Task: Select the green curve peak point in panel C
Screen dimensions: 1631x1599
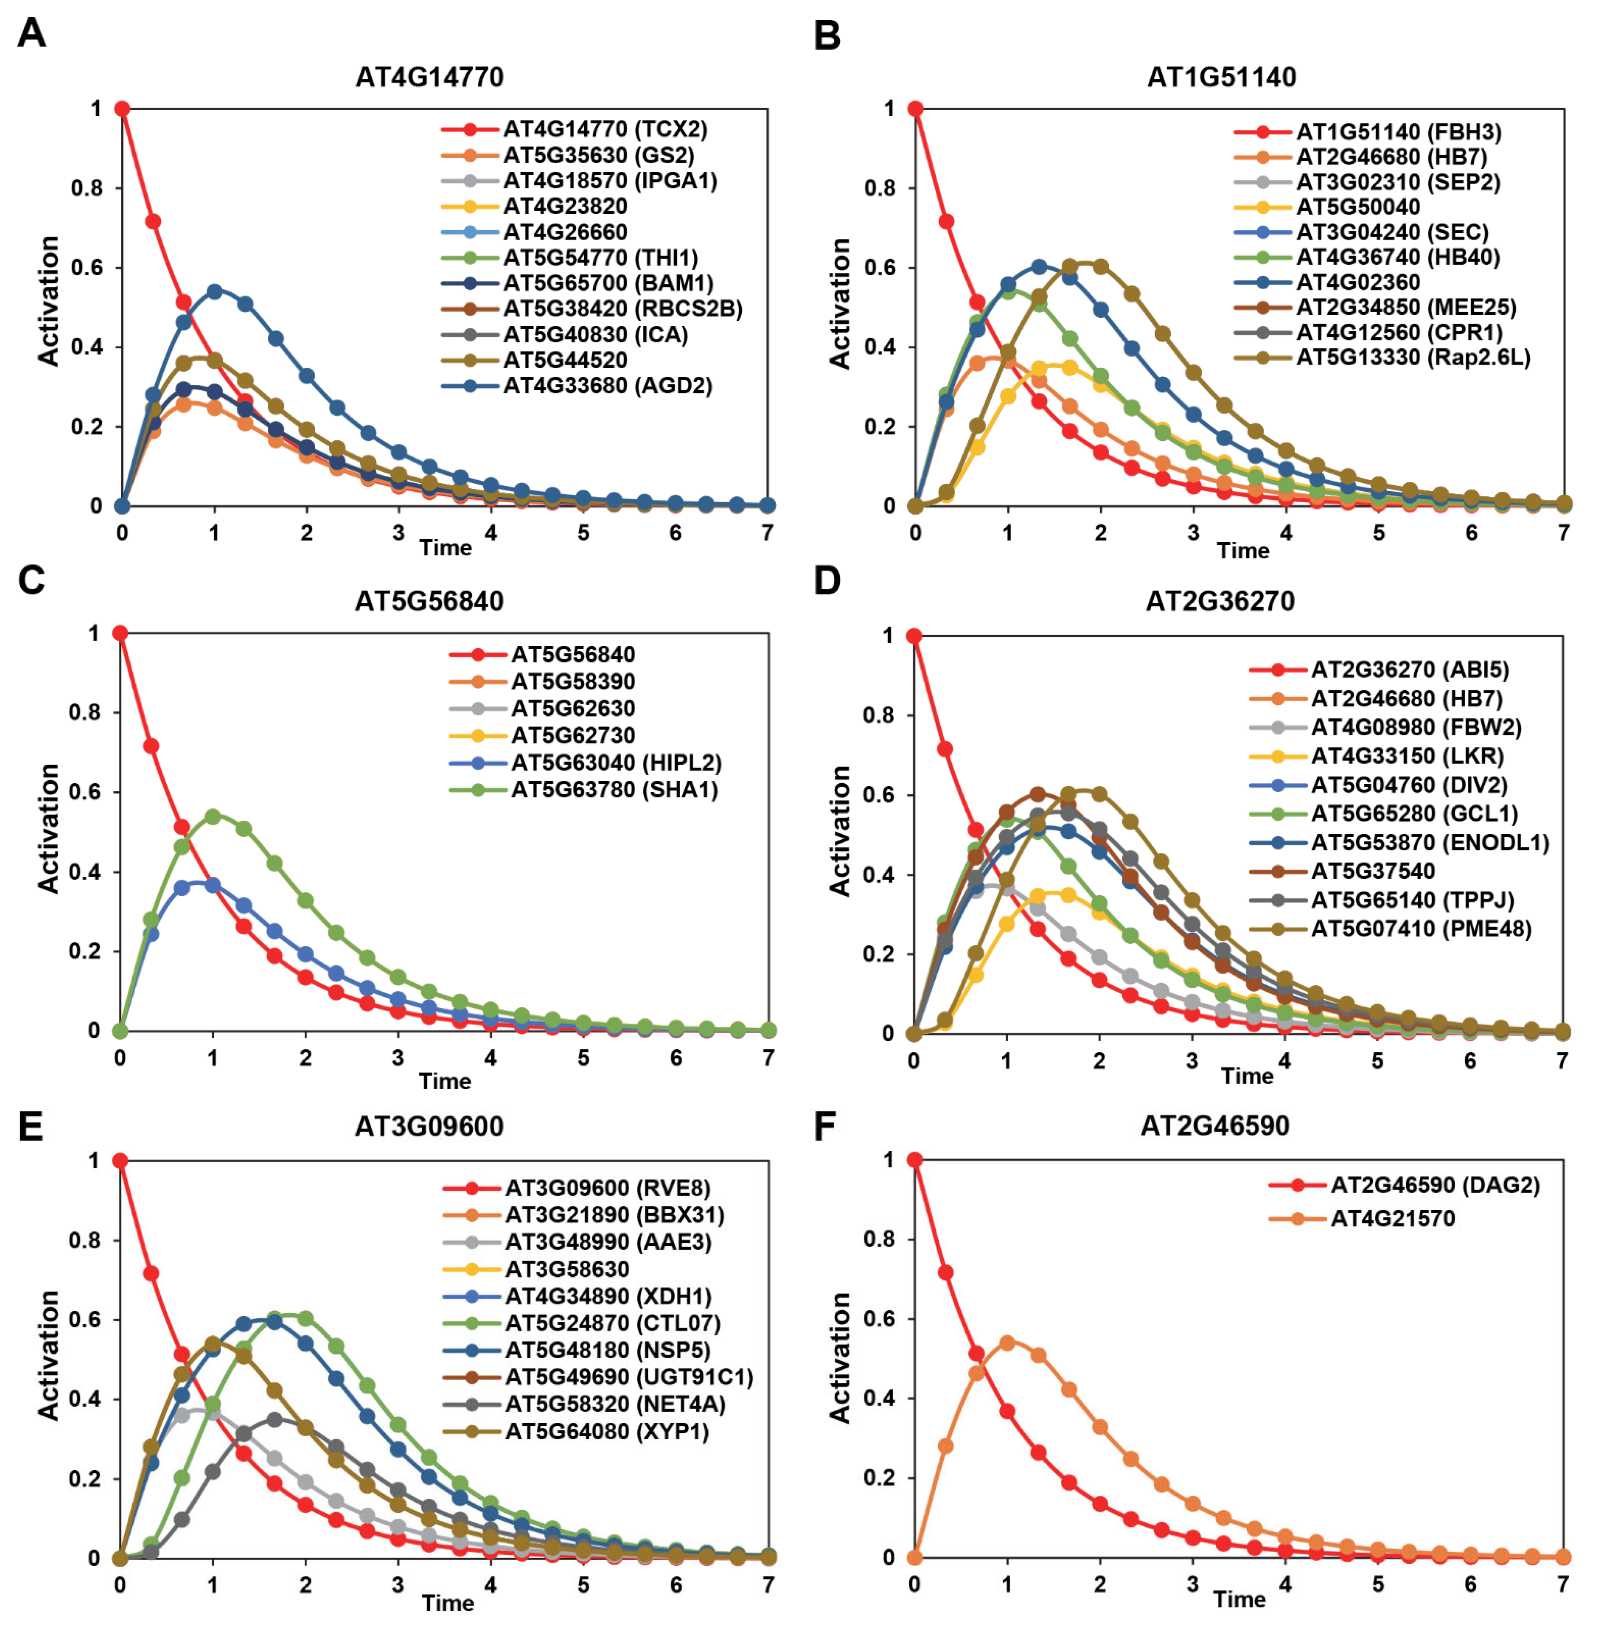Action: pos(212,816)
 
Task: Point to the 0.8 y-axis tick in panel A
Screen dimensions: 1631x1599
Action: pos(86,188)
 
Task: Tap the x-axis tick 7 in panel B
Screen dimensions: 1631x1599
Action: pos(1563,533)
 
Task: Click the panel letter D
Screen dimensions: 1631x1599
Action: pos(827,581)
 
